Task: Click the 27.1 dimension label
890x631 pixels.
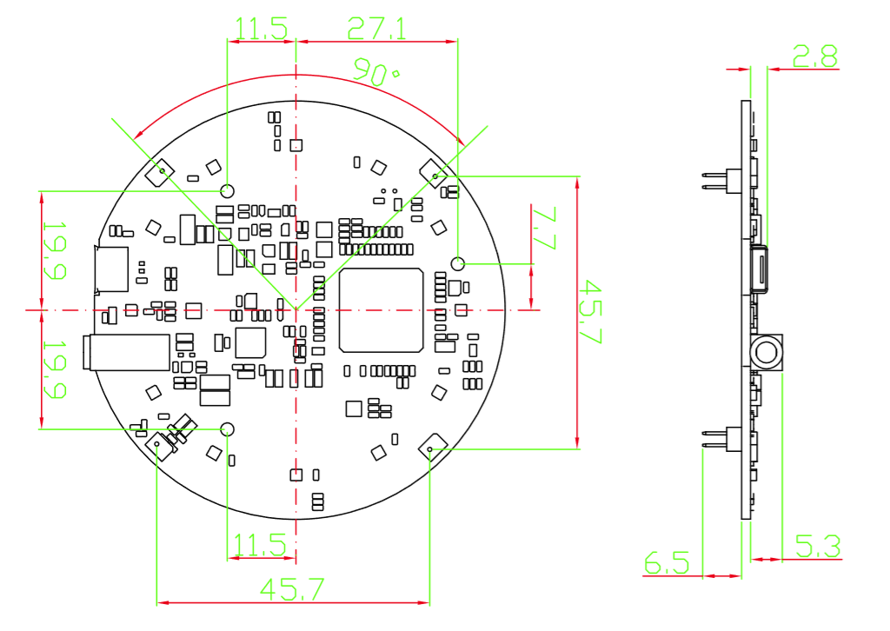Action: (x=376, y=29)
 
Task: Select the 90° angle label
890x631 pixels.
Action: (x=375, y=71)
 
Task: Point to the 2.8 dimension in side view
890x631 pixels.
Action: (x=815, y=56)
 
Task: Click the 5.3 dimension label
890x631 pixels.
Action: (x=818, y=546)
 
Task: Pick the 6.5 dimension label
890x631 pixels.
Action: (x=667, y=562)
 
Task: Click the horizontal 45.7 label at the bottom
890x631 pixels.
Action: (x=292, y=589)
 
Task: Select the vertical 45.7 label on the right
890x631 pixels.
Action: (x=590, y=311)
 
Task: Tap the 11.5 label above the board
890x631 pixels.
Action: (x=261, y=29)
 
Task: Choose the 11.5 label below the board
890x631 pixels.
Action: (x=260, y=545)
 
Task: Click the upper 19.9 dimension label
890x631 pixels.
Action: (x=55, y=250)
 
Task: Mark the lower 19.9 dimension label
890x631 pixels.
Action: (x=55, y=369)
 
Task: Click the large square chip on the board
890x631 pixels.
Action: (x=381, y=309)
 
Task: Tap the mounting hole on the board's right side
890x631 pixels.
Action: (x=457, y=263)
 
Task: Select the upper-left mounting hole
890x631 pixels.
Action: (x=227, y=190)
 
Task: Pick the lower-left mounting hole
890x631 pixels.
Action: (x=227, y=429)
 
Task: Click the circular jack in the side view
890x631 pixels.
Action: (x=767, y=352)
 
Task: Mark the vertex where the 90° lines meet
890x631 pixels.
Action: (x=296, y=309)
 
